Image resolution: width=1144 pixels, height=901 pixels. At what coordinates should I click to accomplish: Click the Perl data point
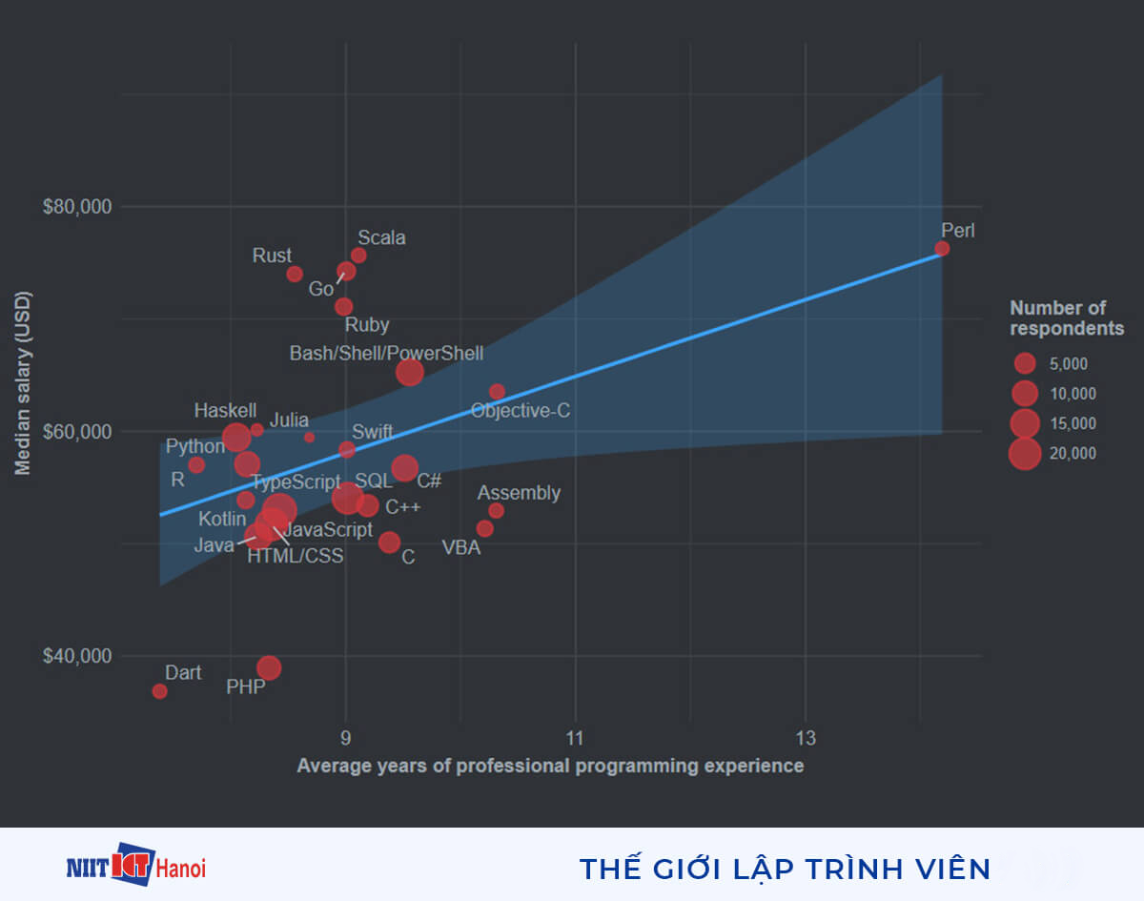(942, 249)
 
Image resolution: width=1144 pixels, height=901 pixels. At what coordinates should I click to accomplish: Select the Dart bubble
(159, 691)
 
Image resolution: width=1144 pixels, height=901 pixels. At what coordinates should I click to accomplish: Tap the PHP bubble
(269, 667)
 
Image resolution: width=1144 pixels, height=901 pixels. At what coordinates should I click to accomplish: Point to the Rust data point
(295, 275)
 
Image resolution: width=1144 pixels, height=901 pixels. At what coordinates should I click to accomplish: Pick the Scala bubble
(358, 256)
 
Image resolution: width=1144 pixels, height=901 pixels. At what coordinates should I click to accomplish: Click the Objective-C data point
(497, 392)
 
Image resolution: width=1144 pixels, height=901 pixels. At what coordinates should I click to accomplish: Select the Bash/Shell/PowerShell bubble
(409, 373)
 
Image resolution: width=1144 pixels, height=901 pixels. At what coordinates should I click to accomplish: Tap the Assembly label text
(519, 493)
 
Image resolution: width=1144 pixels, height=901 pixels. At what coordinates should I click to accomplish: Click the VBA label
(461, 548)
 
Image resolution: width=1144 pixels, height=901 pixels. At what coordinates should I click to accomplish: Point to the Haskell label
(225, 411)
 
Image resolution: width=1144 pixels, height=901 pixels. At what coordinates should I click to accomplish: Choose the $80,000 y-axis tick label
(77, 207)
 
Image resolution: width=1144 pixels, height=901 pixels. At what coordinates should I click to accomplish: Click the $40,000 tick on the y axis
(77, 657)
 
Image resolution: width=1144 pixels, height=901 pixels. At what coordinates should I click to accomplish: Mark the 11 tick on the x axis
(575, 737)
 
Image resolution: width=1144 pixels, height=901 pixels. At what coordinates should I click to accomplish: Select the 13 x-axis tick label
(806, 737)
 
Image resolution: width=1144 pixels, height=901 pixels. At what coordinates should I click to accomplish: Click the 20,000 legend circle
(1025, 454)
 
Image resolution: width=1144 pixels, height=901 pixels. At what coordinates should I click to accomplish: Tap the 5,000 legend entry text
(1068, 364)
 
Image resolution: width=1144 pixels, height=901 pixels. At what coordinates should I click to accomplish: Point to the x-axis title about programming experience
(550, 766)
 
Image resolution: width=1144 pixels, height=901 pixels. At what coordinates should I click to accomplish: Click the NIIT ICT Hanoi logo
(136, 867)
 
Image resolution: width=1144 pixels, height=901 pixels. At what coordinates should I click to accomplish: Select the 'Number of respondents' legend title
(1067, 318)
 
